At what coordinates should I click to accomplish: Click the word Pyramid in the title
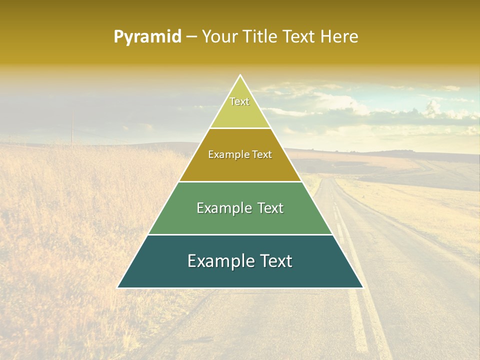pyautogui.click(x=147, y=37)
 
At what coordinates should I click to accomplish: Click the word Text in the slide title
pyautogui.click(x=299, y=36)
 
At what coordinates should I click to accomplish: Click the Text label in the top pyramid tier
pyautogui.click(x=239, y=101)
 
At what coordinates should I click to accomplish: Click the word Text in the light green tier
pyautogui.click(x=270, y=208)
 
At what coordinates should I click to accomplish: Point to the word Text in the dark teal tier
pyautogui.click(x=276, y=261)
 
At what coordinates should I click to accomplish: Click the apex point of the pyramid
pyautogui.click(x=240, y=75)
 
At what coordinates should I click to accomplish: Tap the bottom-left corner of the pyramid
pyautogui.click(x=117, y=287)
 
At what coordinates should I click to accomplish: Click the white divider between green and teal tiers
pyautogui.click(x=240, y=234)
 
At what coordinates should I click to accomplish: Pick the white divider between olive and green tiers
pyautogui.click(x=240, y=181)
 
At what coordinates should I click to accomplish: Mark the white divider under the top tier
pyautogui.click(x=240, y=128)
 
